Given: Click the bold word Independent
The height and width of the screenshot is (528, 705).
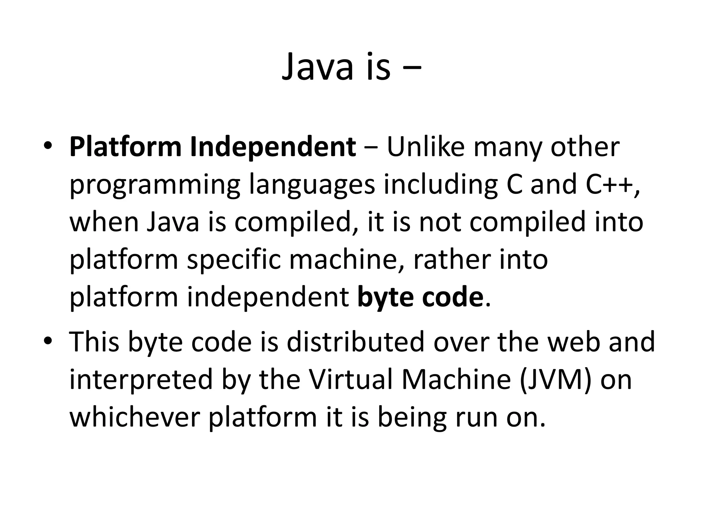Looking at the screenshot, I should click(273, 147).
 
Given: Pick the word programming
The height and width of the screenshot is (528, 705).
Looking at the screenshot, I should click(155, 186).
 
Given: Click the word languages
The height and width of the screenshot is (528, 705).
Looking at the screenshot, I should click(312, 186).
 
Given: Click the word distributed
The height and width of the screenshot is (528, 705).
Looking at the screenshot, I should click(355, 342).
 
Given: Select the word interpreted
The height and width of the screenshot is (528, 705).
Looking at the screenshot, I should click(141, 380).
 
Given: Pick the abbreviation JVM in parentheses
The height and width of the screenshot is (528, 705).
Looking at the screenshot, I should click(555, 380).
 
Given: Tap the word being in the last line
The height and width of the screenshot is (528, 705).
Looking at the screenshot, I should click(412, 418).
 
